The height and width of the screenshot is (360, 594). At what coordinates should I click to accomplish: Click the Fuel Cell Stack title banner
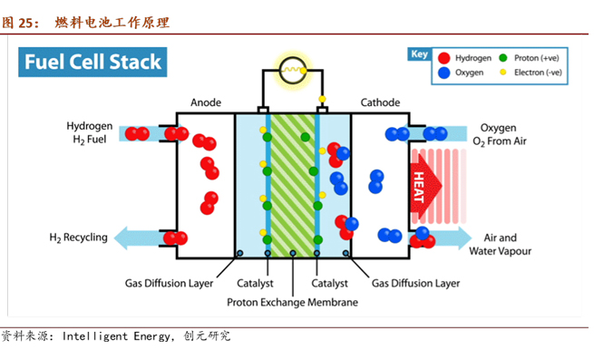pos(93,62)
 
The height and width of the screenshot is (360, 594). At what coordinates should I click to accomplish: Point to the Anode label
pos(206,102)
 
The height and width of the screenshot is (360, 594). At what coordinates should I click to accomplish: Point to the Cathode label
pos(380,102)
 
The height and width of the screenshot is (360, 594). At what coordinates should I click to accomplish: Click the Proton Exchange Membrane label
pos(292,302)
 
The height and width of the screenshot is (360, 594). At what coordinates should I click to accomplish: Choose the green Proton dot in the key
pos(504,56)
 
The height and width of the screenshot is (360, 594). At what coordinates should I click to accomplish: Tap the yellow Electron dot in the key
pos(504,72)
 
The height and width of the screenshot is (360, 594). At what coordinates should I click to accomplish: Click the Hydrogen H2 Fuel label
pos(89,133)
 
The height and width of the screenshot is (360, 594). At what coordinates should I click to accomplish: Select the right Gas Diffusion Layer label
pos(416,283)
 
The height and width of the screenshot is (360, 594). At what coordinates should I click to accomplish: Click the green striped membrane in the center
pos(292,181)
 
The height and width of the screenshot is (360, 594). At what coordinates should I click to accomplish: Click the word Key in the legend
pos(418,54)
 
